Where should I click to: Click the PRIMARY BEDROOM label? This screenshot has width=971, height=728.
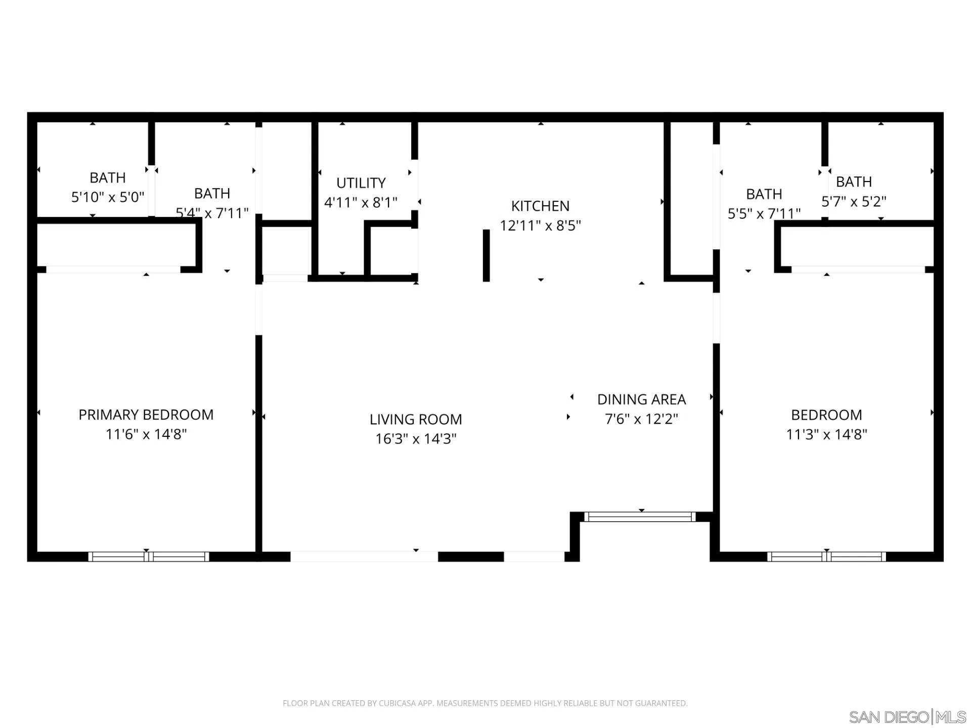click(146, 415)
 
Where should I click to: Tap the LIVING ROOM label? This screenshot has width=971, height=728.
click(416, 419)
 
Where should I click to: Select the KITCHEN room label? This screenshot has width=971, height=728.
click(540, 206)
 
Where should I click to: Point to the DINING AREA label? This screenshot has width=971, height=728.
click(641, 399)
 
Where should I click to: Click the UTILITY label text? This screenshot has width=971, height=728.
click(361, 183)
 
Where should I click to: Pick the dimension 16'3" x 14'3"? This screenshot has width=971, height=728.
click(416, 438)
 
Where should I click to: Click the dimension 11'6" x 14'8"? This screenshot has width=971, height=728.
click(146, 434)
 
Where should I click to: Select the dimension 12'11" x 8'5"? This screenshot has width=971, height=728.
click(540, 225)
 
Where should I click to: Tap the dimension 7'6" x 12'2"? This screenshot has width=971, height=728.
click(641, 419)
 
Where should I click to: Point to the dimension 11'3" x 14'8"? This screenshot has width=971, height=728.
click(826, 434)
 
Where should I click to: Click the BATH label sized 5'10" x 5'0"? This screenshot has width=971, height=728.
click(107, 177)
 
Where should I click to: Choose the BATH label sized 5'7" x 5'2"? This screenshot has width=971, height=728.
click(854, 181)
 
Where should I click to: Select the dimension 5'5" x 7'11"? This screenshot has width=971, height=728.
click(764, 213)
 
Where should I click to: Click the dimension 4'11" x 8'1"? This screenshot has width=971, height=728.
click(361, 202)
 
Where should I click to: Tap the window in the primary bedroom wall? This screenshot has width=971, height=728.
click(149, 557)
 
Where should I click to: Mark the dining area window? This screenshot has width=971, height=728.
click(640, 517)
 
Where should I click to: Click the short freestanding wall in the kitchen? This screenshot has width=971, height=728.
click(486, 255)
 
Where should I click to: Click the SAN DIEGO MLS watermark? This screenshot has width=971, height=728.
click(907, 717)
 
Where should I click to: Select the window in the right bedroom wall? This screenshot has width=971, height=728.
click(826, 557)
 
